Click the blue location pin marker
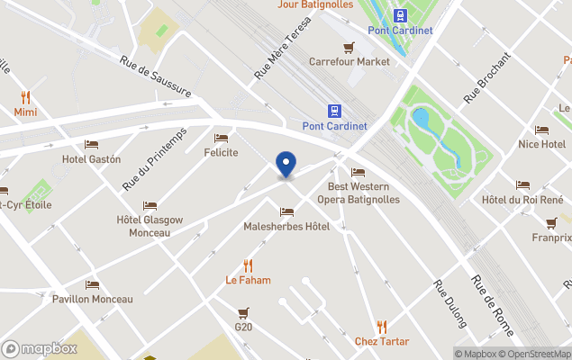pyautogui.click(x=286, y=165)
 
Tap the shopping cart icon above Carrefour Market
pyautogui.click(x=349, y=48)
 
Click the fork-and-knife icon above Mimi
pyautogui.click(x=25, y=97)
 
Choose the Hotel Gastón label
pyautogui.click(x=91, y=159)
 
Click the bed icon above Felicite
pyautogui.click(x=221, y=138)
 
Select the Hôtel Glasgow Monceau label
pyautogui.click(x=150, y=226)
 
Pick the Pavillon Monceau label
pyautogui.click(x=92, y=299)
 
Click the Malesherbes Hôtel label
pyautogui.click(x=286, y=226)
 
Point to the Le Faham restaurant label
pyautogui.click(x=248, y=280)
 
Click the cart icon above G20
pyautogui.click(x=243, y=312)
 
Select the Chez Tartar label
pyautogui.click(x=381, y=341)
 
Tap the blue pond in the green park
pyautogui.click(x=421, y=120)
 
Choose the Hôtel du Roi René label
pyautogui.click(x=522, y=199)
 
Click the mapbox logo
pyautogui.click(x=41, y=348)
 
